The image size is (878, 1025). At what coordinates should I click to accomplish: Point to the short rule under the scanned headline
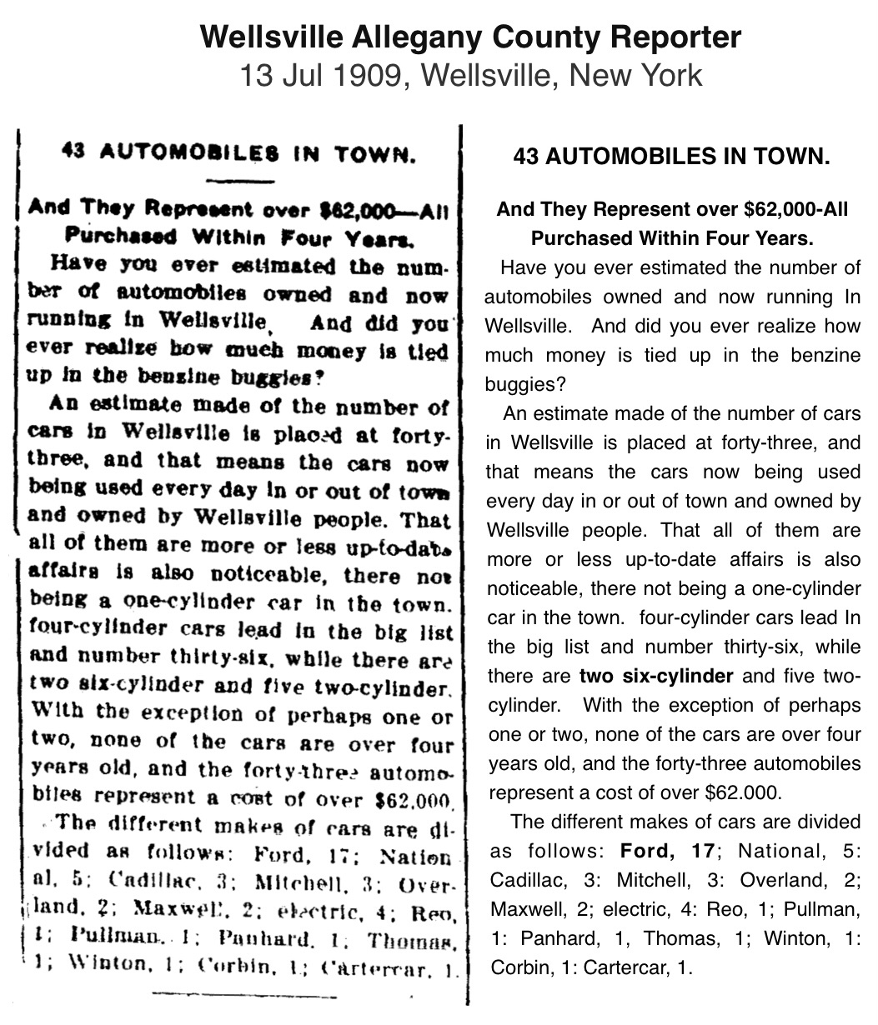click(239, 180)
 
